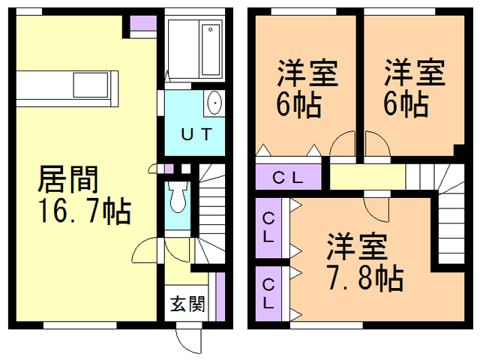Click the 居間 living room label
coord(67,179)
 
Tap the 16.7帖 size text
coord(85,211)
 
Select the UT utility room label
coord(196,134)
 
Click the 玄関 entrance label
coord(187,304)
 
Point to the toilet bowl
coord(178,196)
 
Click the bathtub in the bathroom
coord(211,49)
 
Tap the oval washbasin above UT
coord(214,103)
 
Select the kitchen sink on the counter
coord(91,85)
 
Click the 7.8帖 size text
coord(365,278)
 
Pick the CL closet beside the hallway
coord(288,177)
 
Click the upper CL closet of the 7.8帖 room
coord(268,228)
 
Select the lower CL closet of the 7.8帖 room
coord(268,294)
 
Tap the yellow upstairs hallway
coord(367,177)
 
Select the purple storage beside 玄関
coord(220,297)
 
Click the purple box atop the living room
coord(143,23)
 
